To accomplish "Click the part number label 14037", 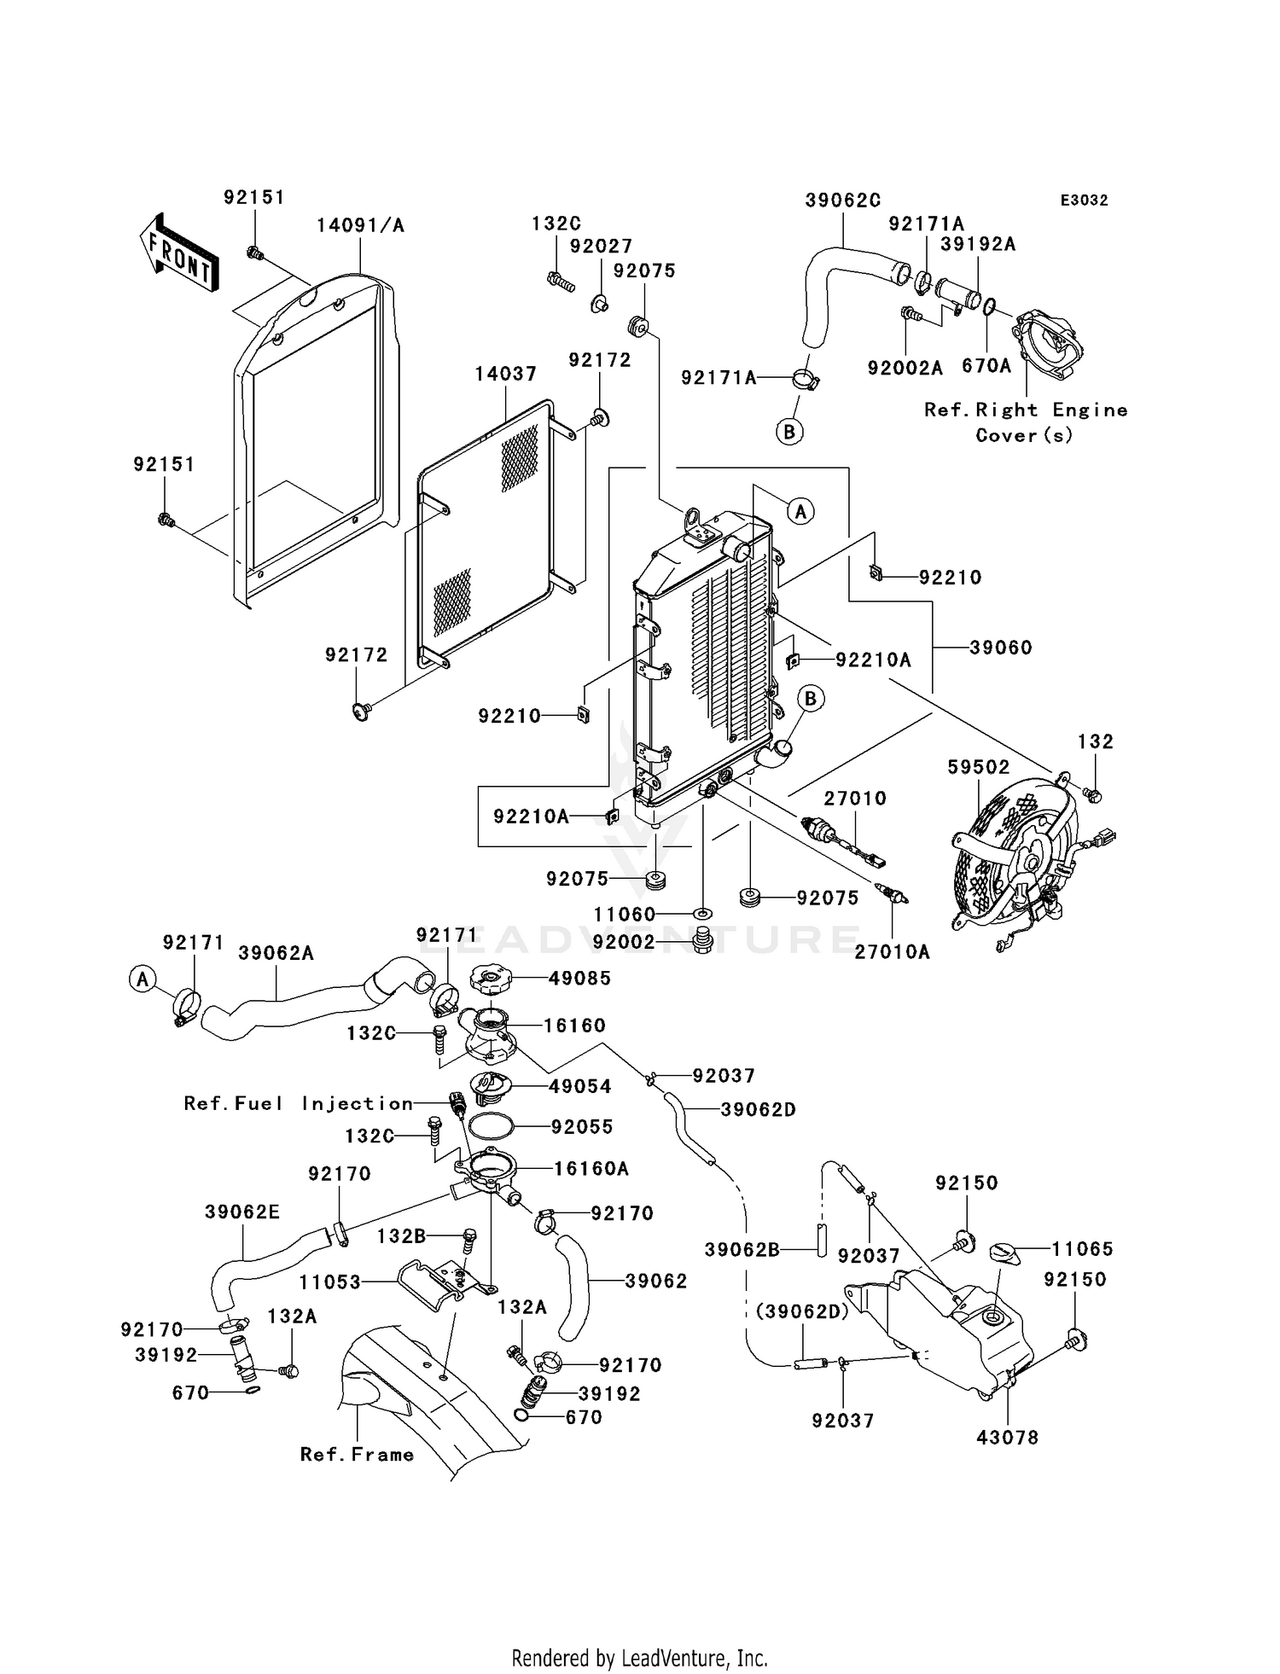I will coord(505,374).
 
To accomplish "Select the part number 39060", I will coord(1000,648).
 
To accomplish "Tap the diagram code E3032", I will coord(1084,201).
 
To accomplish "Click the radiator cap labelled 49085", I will coord(492,979).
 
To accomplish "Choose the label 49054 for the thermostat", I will coord(580,1086).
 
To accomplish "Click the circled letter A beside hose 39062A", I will coord(143,979).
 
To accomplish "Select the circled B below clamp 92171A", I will coord(789,433).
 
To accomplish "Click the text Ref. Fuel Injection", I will coord(299,1103).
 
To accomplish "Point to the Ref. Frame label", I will coord(357,1455).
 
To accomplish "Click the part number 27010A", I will coord(892,952).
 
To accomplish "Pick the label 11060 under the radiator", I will coord(625,915).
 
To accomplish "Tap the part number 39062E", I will coord(242,1212).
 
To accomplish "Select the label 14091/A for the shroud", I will coord(360,225).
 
